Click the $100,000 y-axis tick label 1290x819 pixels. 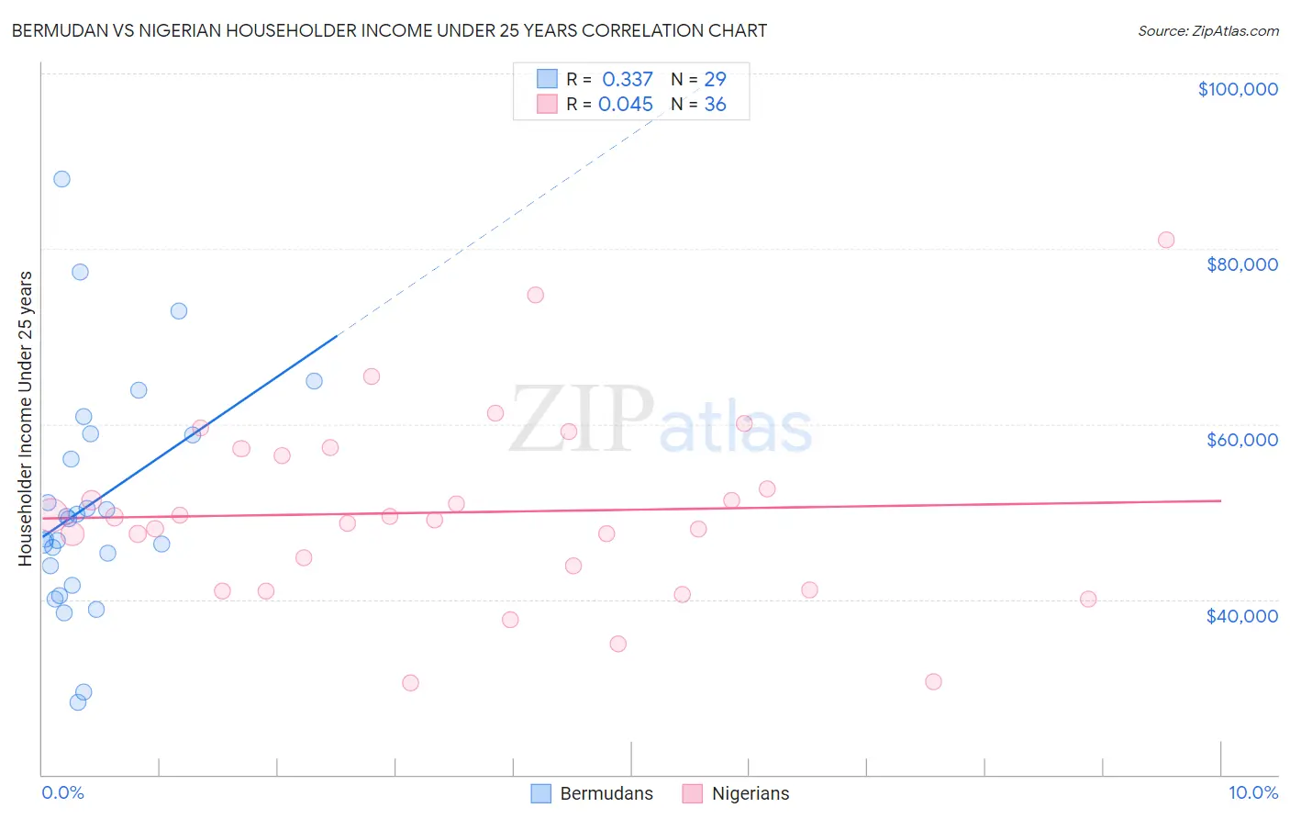(1238, 89)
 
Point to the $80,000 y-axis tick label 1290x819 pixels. (1242, 264)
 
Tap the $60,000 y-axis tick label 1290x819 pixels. (1242, 440)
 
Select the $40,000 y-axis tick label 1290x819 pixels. (1242, 615)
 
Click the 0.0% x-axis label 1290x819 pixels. (62, 792)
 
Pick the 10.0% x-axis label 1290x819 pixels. (1252, 792)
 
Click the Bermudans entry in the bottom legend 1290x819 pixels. (606, 793)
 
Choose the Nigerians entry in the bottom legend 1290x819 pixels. (751, 793)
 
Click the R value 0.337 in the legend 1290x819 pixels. (628, 79)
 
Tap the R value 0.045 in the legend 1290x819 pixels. (626, 104)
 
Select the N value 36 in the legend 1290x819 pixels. (715, 104)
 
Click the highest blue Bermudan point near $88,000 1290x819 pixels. (61, 179)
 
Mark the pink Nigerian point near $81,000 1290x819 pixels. (1166, 240)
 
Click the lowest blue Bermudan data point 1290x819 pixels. (78, 702)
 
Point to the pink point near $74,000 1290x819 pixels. (536, 295)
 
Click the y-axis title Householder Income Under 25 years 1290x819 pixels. (25, 418)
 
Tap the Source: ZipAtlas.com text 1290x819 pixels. (1208, 30)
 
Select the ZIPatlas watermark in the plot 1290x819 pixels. (661, 421)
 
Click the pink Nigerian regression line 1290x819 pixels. (642, 509)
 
